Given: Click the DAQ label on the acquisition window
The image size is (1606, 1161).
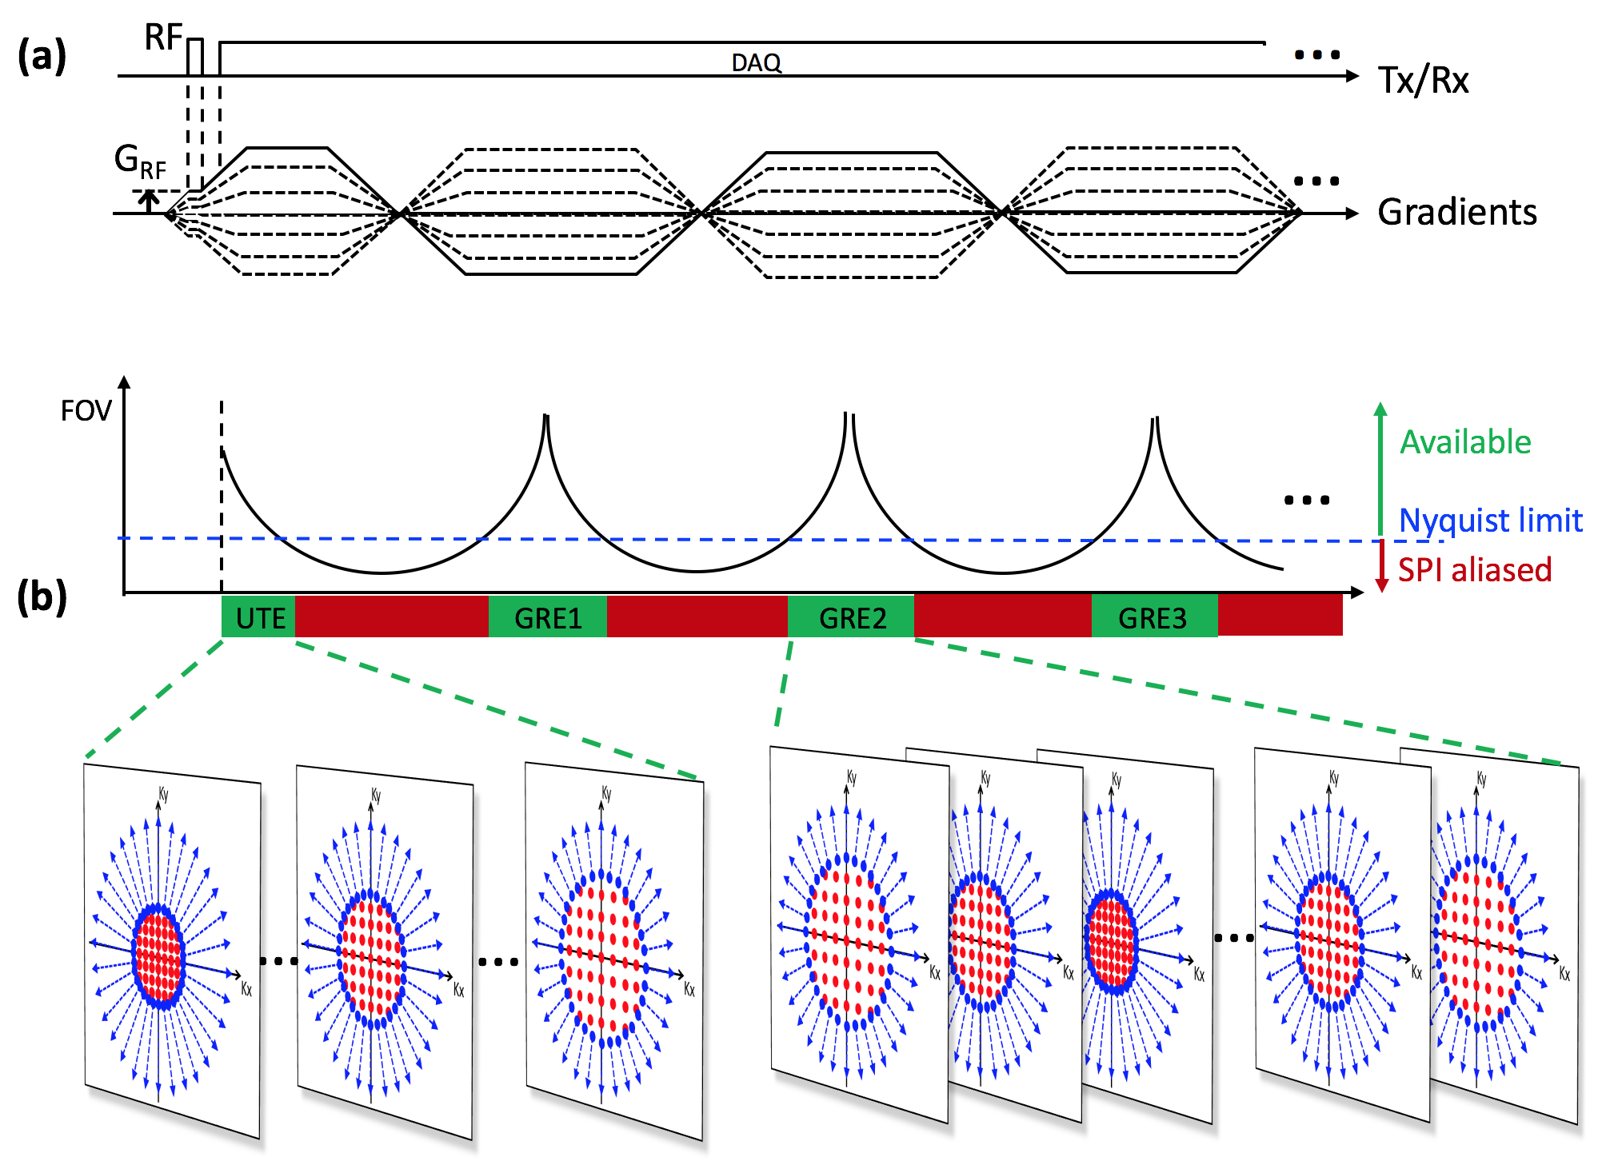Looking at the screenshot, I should click(x=756, y=62).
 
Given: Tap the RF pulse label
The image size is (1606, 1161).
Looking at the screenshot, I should click(x=163, y=37).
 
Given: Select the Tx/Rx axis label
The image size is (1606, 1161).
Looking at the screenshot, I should click(x=1424, y=80).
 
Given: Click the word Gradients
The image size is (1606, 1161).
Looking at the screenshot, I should click(x=1456, y=213).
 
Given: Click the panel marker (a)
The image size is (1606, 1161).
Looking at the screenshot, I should click(x=42, y=56).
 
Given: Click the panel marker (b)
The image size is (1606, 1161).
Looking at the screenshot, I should click(x=42, y=597).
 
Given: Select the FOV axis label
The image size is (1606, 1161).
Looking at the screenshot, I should click(x=86, y=411).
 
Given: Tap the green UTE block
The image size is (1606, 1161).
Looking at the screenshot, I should click(x=259, y=617).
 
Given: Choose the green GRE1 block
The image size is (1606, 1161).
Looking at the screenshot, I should click(x=548, y=617).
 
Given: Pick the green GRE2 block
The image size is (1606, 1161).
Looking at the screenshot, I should click(x=852, y=617).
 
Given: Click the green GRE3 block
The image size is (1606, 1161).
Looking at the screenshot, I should click(x=1153, y=617).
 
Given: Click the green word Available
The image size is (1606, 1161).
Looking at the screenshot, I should click(x=1465, y=442).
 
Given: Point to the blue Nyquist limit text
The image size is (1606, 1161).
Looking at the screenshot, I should click(x=1490, y=521).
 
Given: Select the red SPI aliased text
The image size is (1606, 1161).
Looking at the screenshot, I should click(x=1474, y=570).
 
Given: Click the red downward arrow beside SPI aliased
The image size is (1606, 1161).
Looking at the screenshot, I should click(x=1381, y=567).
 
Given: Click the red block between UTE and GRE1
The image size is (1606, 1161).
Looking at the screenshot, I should click(x=392, y=616).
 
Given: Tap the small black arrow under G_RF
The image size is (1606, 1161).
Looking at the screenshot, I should click(x=149, y=200).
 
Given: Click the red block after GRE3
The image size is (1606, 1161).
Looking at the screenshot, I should click(x=1280, y=616).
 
